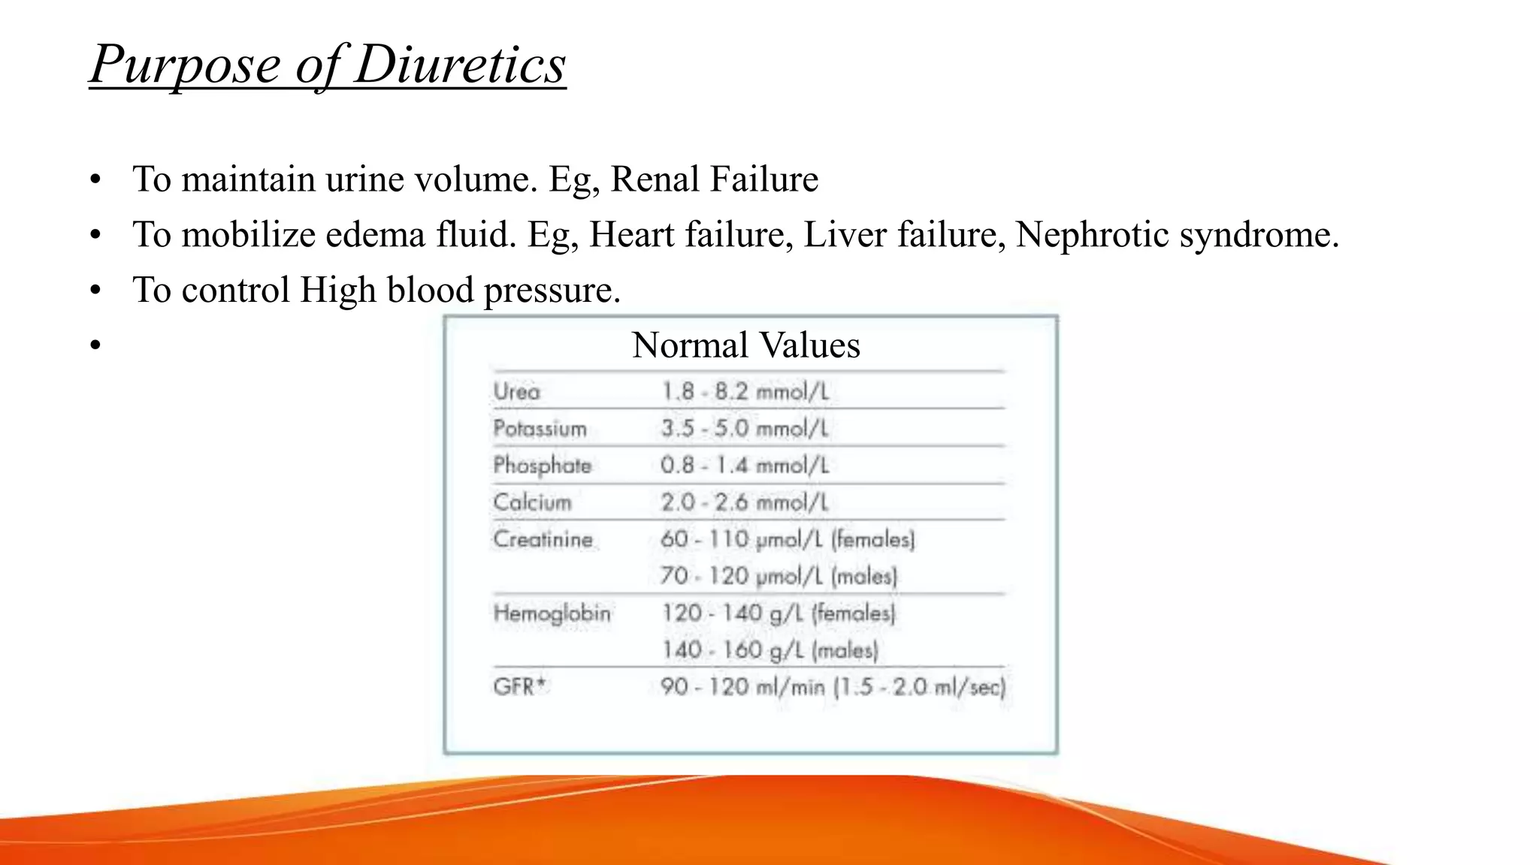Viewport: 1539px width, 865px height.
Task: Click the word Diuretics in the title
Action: [x=460, y=65]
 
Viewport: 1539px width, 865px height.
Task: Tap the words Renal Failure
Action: [x=714, y=179]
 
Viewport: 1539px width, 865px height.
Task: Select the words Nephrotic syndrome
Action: [x=1177, y=235]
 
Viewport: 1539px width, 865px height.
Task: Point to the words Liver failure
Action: [x=904, y=235]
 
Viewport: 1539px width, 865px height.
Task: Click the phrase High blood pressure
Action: [x=460, y=291]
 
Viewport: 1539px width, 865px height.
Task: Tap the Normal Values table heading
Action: [x=746, y=346]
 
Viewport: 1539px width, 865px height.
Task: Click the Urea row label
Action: [x=517, y=392]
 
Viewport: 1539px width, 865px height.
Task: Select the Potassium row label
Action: [x=540, y=429]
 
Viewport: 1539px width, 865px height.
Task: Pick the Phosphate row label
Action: [x=542, y=466]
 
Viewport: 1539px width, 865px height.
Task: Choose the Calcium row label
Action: [x=532, y=502]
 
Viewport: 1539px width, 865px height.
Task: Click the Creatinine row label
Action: [x=543, y=539]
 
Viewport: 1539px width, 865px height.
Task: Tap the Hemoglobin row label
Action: [x=552, y=613]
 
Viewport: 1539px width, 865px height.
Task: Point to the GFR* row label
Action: [x=519, y=686]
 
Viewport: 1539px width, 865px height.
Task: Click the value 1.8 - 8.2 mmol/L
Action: [x=745, y=392]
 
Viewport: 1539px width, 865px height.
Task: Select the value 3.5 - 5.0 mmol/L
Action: [x=745, y=429]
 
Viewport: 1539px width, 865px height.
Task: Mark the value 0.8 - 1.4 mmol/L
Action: [x=745, y=466]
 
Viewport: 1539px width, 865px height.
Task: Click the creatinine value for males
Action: [x=779, y=577]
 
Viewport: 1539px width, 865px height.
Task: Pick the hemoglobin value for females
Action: [x=779, y=613]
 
